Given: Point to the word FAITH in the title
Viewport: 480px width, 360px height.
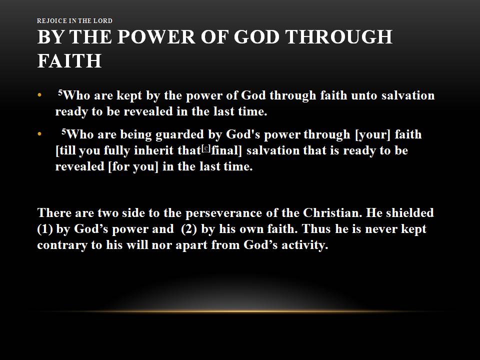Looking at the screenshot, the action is [69, 60].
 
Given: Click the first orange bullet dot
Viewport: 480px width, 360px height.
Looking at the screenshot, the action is [39, 95].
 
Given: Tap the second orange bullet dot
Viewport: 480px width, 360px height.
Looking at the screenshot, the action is [39, 134].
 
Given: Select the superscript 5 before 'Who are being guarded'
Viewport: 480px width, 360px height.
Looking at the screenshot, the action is [63, 131].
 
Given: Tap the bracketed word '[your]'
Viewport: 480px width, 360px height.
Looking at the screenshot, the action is [372, 134].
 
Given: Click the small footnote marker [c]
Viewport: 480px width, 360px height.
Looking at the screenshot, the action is [206, 148].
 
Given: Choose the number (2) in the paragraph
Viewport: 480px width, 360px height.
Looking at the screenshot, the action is [189, 229].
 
